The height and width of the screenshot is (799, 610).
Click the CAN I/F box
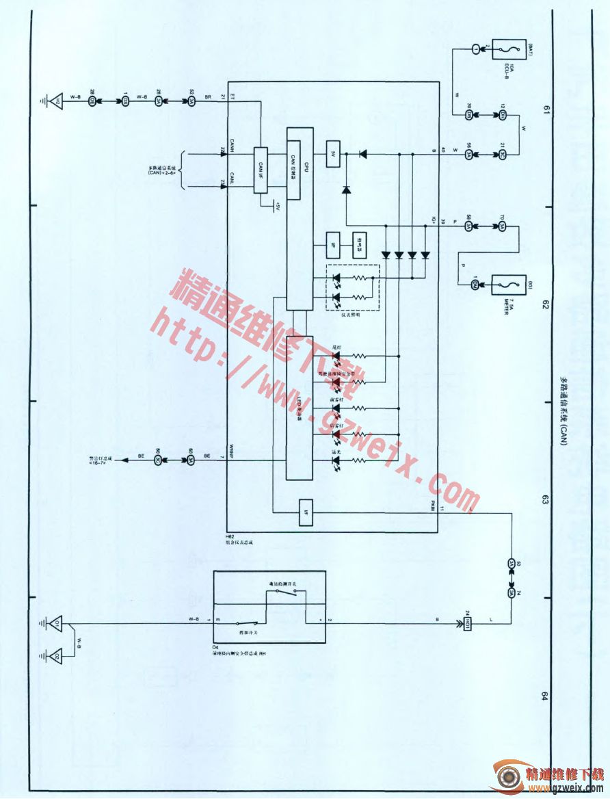pyautogui.click(x=262, y=170)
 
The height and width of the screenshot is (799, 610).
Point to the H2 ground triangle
pyautogui.click(x=58, y=102)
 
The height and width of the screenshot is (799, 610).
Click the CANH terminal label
pyautogui.click(x=233, y=145)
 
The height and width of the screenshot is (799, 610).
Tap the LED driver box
pyautogui.click(x=300, y=408)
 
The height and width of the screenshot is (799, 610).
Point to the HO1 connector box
pyautogui.click(x=468, y=623)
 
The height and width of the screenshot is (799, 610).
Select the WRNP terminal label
pyautogui.click(x=233, y=452)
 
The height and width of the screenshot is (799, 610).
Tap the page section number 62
pyautogui.click(x=546, y=305)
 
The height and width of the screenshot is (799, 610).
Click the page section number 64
pyautogui.click(x=546, y=696)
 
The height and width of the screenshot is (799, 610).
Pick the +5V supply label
pyautogui.click(x=276, y=205)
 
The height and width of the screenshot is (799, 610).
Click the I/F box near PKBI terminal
pyautogui.click(x=305, y=513)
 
